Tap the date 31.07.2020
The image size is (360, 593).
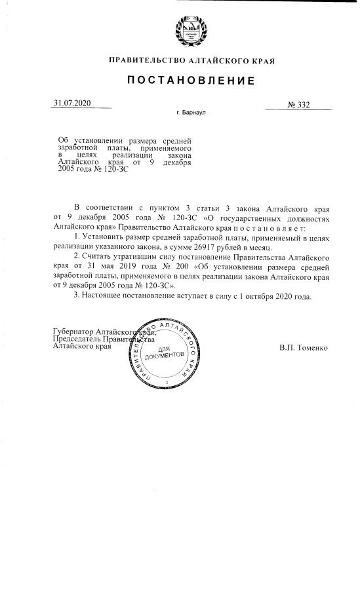coord(73,104)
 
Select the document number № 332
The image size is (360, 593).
coord(298,104)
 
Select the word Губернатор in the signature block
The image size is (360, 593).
coord(73,333)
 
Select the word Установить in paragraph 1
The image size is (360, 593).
coord(104,238)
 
